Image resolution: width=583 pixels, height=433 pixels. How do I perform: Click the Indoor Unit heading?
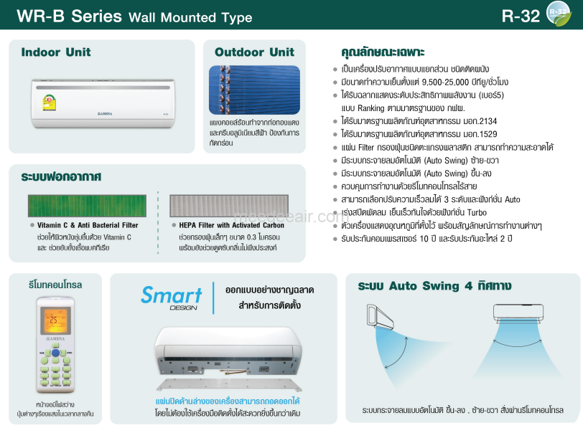point(56,52)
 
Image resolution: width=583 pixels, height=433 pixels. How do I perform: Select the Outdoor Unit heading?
point(254,52)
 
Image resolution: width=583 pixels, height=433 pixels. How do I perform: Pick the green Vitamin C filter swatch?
point(87,205)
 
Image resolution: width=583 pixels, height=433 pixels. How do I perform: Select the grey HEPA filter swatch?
point(228,205)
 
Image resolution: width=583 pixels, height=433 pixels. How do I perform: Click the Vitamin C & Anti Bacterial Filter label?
point(88,225)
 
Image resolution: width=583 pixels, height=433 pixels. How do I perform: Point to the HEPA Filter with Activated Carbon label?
point(226,225)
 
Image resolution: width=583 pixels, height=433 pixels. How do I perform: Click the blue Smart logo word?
point(171,295)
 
